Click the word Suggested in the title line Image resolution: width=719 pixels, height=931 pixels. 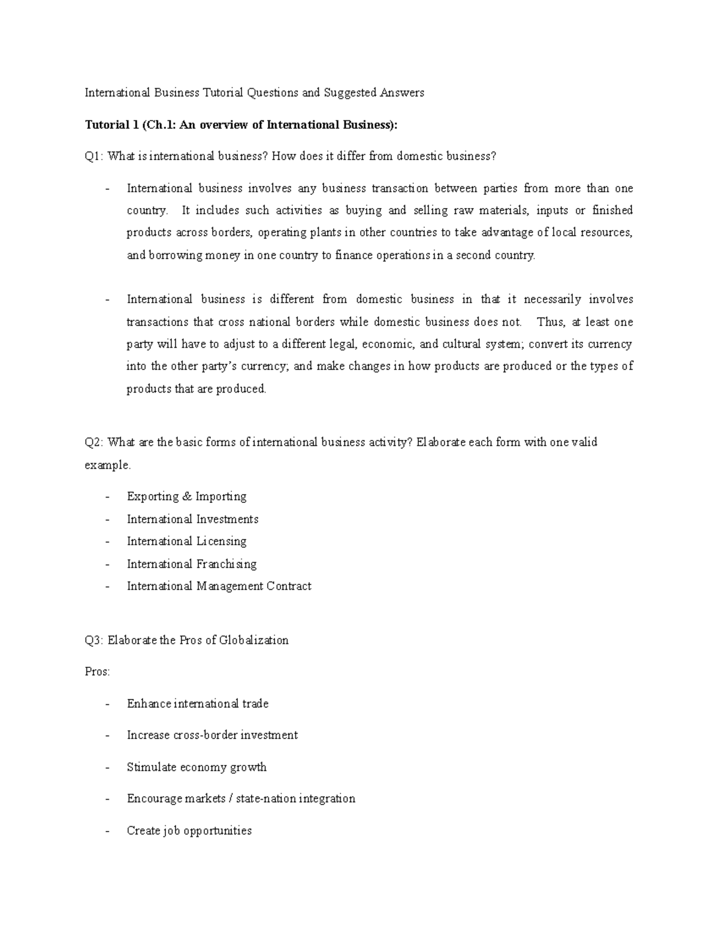[x=348, y=92]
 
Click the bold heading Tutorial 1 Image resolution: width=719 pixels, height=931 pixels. [x=108, y=125]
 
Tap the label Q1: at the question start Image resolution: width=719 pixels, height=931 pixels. [x=94, y=156]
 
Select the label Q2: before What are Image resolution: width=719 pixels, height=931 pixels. [x=94, y=442]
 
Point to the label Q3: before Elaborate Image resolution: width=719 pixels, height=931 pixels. [x=94, y=640]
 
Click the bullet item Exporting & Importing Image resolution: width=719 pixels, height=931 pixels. [x=186, y=496]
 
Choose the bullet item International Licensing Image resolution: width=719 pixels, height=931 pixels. [x=186, y=541]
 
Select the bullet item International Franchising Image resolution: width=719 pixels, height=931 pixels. [x=191, y=564]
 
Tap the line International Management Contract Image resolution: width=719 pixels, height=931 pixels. [x=219, y=586]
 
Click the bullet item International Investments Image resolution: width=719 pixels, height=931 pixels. [x=192, y=519]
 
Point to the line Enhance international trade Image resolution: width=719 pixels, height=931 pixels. [x=197, y=704]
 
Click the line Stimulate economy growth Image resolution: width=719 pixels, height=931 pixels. [x=197, y=767]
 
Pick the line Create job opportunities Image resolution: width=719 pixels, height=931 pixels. [x=189, y=831]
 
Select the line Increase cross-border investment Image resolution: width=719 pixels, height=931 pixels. [x=212, y=735]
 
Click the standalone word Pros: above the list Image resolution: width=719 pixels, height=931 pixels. [x=97, y=672]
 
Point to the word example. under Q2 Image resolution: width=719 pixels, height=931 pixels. [x=107, y=465]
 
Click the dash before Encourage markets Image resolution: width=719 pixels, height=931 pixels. [x=107, y=799]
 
